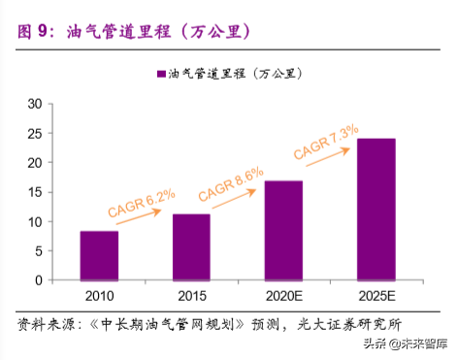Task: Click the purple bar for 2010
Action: [99, 255]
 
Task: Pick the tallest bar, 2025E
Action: [376, 209]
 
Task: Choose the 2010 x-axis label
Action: [99, 296]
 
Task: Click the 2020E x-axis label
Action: [283, 296]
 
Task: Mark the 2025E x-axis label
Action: [376, 296]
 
